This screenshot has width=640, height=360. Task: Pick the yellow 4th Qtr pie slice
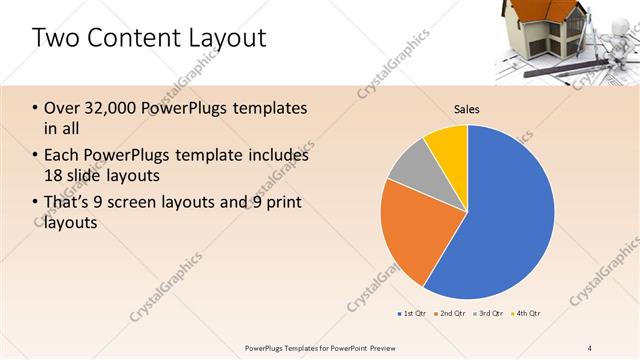coord(448,148)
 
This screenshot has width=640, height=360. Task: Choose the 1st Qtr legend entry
coord(412,314)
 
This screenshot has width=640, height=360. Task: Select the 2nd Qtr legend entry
coord(451,314)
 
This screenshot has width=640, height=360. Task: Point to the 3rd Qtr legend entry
coord(489,314)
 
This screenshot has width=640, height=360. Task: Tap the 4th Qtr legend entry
coord(527,314)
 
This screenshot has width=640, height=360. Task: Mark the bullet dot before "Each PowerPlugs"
coord(36,156)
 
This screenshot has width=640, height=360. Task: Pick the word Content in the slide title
coord(127,39)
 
